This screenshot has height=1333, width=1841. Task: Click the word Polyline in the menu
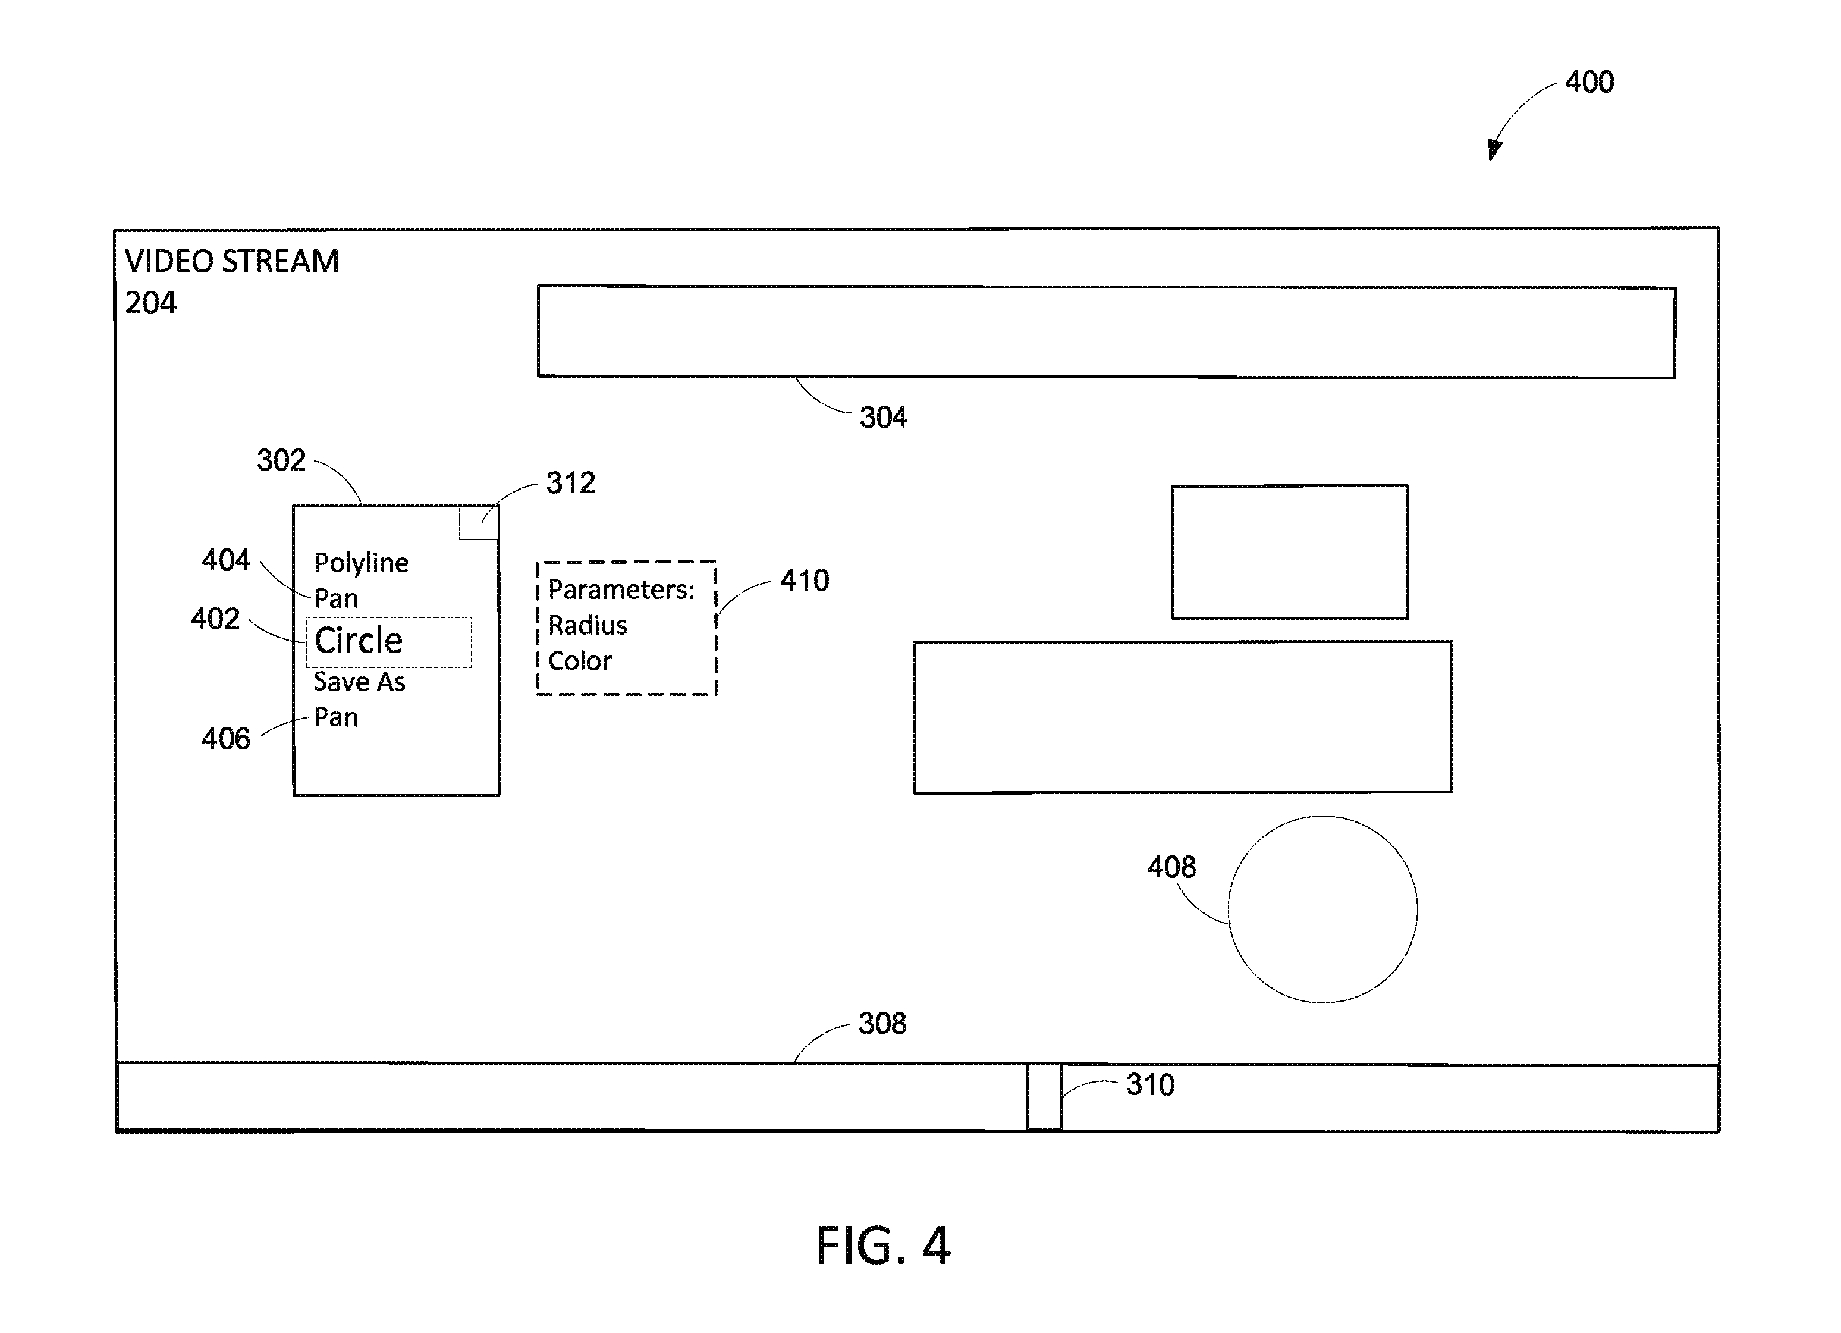click(x=361, y=563)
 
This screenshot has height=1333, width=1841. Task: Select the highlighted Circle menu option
click(x=358, y=641)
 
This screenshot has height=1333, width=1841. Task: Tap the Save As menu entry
click(x=359, y=682)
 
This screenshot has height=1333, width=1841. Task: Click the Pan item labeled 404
click(x=336, y=599)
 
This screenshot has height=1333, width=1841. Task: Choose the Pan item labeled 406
click(x=336, y=717)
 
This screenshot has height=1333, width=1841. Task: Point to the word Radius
click(x=588, y=625)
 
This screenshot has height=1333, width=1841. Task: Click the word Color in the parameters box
click(x=580, y=661)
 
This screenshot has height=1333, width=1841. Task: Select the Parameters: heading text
click(x=622, y=589)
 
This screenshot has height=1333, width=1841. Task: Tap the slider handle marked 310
click(x=1045, y=1097)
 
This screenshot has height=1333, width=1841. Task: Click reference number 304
click(x=883, y=418)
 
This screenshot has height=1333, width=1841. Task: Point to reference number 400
click(x=1589, y=82)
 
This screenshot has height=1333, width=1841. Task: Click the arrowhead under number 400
click(x=1494, y=149)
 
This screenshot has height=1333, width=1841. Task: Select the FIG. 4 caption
click(x=882, y=1246)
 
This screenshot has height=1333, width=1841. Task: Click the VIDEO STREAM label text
click(x=232, y=261)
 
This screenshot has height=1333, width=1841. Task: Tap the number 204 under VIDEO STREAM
click(x=150, y=303)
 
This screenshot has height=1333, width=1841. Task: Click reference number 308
click(x=882, y=1024)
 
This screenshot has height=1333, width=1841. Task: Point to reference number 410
click(x=805, y=581)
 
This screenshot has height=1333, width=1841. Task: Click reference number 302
click(x=281, y=460)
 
